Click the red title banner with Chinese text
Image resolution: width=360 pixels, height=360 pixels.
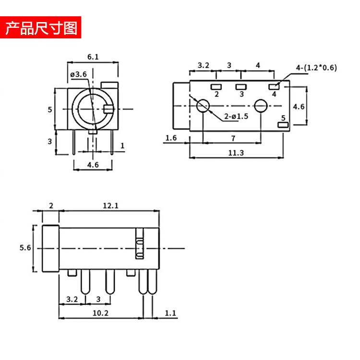click(x=41, y=27)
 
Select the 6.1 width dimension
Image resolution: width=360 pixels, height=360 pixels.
click(x=93, y=57)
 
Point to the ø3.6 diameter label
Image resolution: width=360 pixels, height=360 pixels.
click(x=78, y=74)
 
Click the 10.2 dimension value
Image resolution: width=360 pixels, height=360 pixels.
click(x=101, y=313)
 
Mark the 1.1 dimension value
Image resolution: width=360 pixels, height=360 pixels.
click(x=170, y=313)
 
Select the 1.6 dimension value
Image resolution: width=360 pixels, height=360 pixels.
click(x=171, y=138)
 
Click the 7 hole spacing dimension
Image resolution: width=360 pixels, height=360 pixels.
click(x=233, y=138)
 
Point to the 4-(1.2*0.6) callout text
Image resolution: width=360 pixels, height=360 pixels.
click(x=316, y=68)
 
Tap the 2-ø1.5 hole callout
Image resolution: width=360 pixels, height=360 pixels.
click(x=236, y=116)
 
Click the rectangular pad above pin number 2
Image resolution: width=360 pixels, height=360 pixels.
click(x=216, y=87)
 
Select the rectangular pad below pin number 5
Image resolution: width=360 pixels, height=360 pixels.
click(x=283, y=125)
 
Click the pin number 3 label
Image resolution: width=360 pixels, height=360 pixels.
click(x=241, y=94)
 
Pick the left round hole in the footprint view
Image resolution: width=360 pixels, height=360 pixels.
click(x=204, y=106)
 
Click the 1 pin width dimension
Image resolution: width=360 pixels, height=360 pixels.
click(x=122, y=145)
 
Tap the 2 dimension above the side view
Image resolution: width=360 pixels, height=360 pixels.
click(x=51, y=205)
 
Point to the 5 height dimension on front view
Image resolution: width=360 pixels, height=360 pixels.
click(x=49, y=109)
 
